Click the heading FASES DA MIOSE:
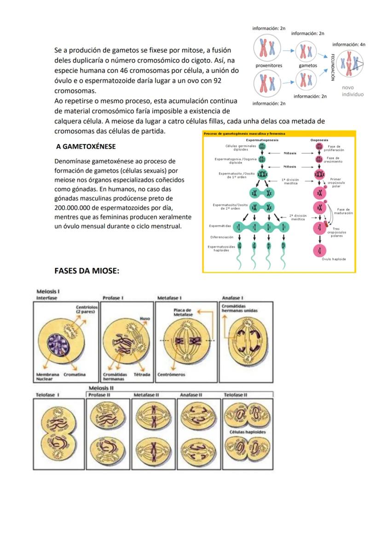click(87, 271)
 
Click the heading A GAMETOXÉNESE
click(86, 146)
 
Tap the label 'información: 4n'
click(349, 45)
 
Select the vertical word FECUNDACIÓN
click(332, 68)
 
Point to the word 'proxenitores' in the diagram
click(269, 65)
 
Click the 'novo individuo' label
click(352, 91)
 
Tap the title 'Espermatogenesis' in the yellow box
click(262, 139)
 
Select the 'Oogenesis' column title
click(319, 139)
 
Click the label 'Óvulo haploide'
click(334, 259)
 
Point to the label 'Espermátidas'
click(220, 226)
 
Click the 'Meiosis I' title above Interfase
click(48, 291)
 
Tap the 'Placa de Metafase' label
click(183, 312)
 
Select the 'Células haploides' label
click(248, 432)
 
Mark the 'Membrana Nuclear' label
click(47, 377)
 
